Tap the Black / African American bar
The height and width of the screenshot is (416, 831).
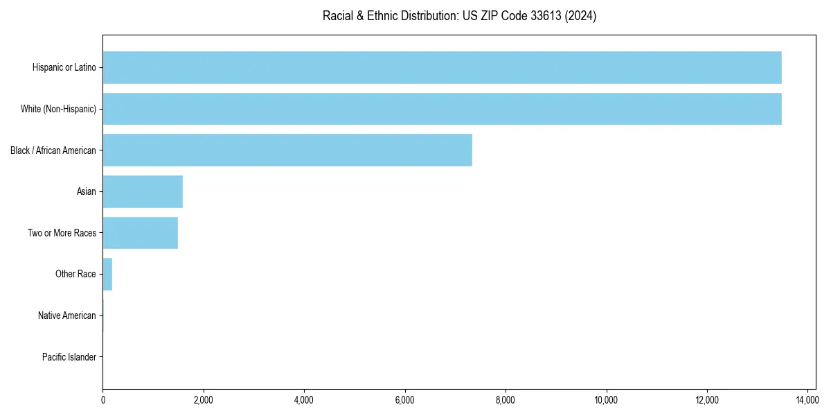pyautogui.click(x=287, y=150)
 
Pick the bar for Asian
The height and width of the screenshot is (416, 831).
pyautogui.click(x=143, y=191)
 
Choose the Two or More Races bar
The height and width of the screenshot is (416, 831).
pyautogui.click(x=140, y=233)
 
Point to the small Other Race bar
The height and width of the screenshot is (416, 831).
pyautogui.click(x=107, y=274)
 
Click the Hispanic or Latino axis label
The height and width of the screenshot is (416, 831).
pyautogui.click(x=64, y=67)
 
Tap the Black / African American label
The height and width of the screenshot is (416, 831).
pyautogui.click(x=53, y=150)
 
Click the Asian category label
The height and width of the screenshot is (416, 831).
pyautogui.click(x=87, y=191)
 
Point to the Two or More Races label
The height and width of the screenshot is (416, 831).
pyautogui.click(x=62, y=233)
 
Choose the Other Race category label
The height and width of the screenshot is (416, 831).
pyautogui.click(x=75, y=274)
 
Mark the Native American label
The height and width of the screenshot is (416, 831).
pyautogui.click(x=67, y=315)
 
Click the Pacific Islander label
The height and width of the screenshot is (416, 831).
pyautogui.click(x=69, y=357)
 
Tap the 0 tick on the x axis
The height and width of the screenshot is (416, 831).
pyautogui.click(x=102, y=400)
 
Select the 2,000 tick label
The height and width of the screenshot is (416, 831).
pyautogui.click(x=203, y=400)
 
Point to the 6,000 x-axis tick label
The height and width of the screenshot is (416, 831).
pyautogui.click(x=404, y=400)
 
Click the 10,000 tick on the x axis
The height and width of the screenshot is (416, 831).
pyautogui.click(x=606, y=400)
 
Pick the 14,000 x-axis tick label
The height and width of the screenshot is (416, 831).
pyautogui.click(x=807, y=400)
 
